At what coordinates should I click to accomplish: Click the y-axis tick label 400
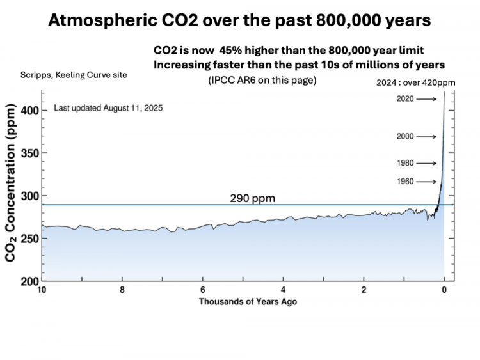coord(30,111)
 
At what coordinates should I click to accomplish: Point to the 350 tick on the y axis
coord(30,153)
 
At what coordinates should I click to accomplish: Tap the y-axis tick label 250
coord(30,239)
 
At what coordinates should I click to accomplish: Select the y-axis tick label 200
coord(30,281)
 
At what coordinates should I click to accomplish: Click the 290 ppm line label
coord(253,198)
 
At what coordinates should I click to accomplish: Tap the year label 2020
coord(405,99)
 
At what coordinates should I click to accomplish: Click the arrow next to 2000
coord(426,137)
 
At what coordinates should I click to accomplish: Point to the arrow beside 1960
coord(426,182)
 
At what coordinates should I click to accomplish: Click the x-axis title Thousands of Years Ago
coord(248,301)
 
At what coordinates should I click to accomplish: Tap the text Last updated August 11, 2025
coord(108,109)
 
